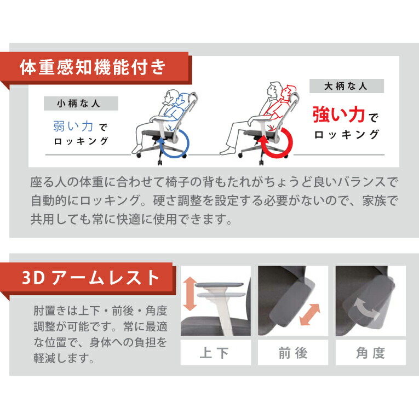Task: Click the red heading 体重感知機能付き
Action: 92,68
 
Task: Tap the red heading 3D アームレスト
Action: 90,278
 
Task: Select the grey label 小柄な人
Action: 81,104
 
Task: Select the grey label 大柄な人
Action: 346,87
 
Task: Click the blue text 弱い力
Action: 73,127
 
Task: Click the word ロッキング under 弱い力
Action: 81,142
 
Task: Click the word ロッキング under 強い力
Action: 346,134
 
